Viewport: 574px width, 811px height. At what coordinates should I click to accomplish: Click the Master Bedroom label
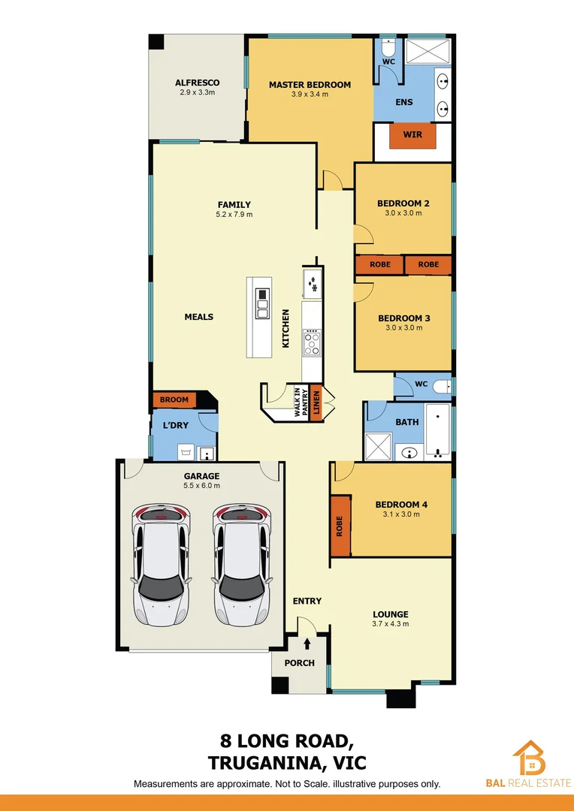coord(310,85)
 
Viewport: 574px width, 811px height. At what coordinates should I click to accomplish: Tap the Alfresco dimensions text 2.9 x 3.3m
coord(197,93)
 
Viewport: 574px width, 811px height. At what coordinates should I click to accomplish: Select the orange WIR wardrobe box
coord(412,135)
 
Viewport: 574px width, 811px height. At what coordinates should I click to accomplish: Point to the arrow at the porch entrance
coord(307,643)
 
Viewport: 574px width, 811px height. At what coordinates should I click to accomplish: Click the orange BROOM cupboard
coord(174,399)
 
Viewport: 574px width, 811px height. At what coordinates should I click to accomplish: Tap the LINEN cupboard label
coord(316,402)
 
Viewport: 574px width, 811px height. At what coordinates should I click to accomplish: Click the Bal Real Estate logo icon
coord(530,758)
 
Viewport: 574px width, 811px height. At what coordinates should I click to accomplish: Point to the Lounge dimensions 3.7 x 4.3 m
coord(390,624)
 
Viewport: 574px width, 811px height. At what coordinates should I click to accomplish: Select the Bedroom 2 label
coord(403,204)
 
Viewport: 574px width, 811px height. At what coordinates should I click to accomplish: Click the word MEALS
coord(199,317)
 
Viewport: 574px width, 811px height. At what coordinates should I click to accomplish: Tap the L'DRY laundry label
coord(175,426)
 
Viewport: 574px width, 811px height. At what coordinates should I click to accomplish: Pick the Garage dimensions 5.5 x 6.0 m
coord(201,486)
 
